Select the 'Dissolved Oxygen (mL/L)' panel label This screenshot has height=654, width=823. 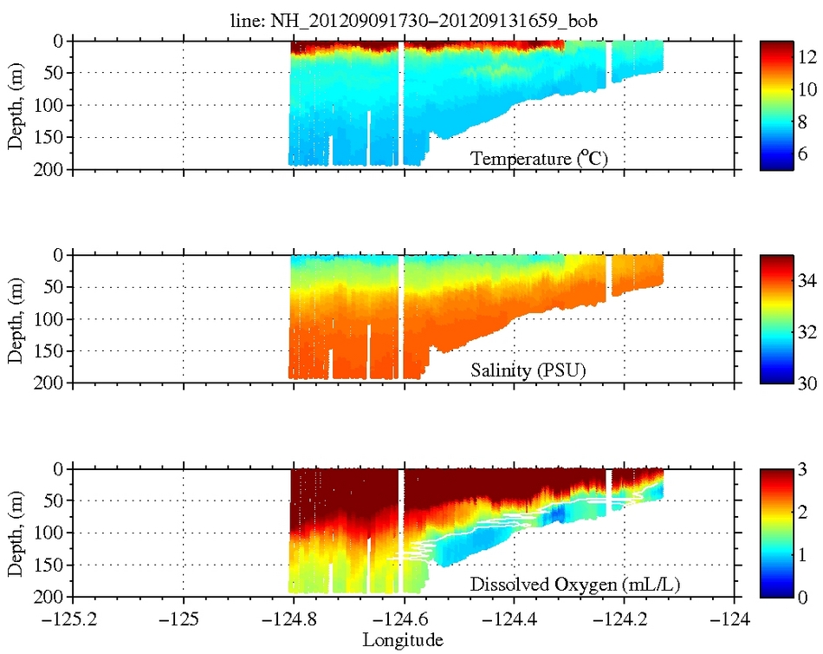pyautogui.click(x=574, y=585)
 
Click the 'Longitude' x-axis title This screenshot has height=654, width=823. pyautogui.click(x=403, y=641)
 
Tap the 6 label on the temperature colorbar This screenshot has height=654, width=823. pyautogui.click(x=802, y=154)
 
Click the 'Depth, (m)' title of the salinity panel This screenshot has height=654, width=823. pyautogui.click(x=15, y=318)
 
